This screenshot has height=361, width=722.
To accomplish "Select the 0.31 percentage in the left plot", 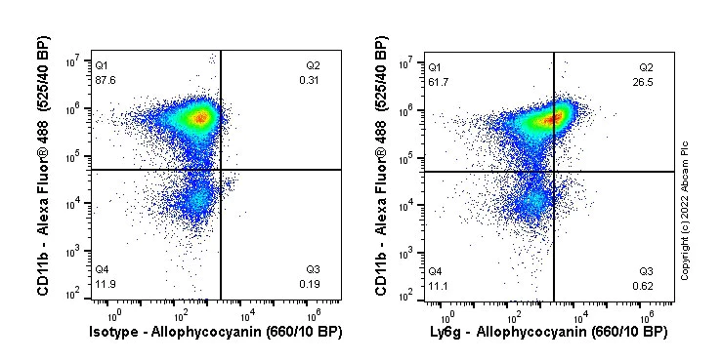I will [x=309, y=80].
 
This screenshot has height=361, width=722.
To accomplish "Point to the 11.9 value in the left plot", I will [x=102, y=284].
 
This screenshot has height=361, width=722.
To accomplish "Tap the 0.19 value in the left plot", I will [x=309, y=284].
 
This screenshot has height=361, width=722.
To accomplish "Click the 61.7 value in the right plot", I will [x=436, y=80].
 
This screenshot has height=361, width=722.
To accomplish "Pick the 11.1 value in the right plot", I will [x=436, y=284].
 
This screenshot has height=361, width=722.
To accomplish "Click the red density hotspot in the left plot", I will [x=200, y=118].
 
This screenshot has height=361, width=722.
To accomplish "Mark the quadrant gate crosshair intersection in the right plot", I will [x=554, y=171].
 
